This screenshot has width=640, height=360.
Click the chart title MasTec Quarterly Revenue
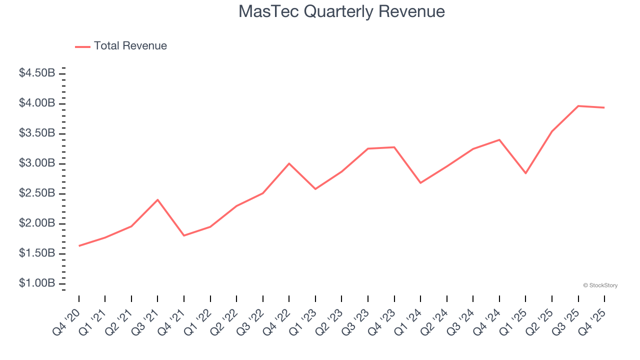click(x=341, y=11)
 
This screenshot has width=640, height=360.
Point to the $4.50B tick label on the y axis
click(x=37, y=73)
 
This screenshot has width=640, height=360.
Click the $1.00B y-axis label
click(x=37, y=283)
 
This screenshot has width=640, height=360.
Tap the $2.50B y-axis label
click(x=37, y=193)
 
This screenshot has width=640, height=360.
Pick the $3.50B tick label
click(x=37, y=133)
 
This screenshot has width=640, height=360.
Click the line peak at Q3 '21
click(x=157, y=200)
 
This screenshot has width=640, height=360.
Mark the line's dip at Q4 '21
click(x=184, y=235)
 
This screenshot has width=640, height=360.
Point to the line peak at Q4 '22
click(x=289, y=163)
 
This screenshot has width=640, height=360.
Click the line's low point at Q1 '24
click(x=420, y=182)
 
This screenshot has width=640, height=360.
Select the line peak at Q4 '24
click(x=499, y=140)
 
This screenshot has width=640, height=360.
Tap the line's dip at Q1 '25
click(x=525, y=173)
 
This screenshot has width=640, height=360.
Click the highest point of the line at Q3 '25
click(x=578, y=106)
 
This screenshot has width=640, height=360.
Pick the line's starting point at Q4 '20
click(x=79, y=245)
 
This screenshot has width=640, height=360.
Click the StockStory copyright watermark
click(x=600, y=285)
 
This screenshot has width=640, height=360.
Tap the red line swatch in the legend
click(x=82, y=46)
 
